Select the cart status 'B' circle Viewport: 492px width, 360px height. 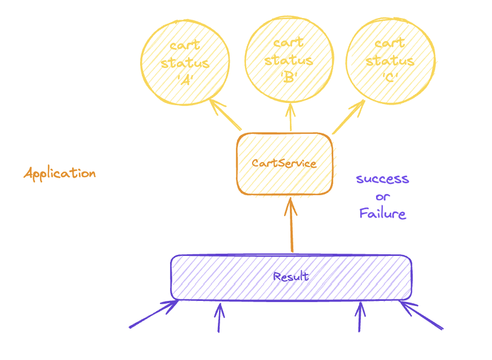pyautogui.click(x=289, y=59)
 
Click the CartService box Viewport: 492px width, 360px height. pyautogui.click(x=284, y=164)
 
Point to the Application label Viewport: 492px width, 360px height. pyautogui.click(x=60, y=173)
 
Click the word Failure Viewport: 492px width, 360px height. pyautogui.click(x=382, y=214)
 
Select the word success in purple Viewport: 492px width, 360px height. pyautogui.click(x=382, y=179)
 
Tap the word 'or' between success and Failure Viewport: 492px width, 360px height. pyautogui.click(x=382, y=197)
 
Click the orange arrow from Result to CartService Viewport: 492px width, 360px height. pyautogui.click(x=291, y=225)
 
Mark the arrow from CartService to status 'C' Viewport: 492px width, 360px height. pyautogui.click(x=349, y=117)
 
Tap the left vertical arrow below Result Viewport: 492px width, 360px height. pyautogui.click(x=219, y=318)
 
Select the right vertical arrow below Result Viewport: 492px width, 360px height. pyautogui.click(x=360, y=318)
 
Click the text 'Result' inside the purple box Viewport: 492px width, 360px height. pyautogui.click(x=290, y=277)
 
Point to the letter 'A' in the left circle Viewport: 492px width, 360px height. pyautogui.click(x=185, y=79)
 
